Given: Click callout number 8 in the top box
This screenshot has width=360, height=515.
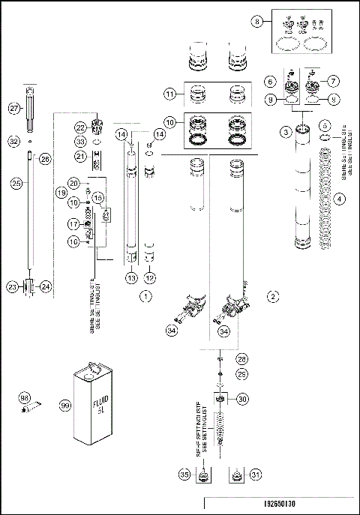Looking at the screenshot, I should coord(259,22).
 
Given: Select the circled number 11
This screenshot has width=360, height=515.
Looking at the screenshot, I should coord(170,94).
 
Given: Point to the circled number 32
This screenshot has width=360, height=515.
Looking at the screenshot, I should coord(14,140).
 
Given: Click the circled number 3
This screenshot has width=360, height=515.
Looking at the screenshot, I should coord(286,132).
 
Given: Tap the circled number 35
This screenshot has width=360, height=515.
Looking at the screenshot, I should coord(184,475).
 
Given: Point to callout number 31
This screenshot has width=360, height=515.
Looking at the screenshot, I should coord(256,475).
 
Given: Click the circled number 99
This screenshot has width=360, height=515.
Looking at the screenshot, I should coord(64,406).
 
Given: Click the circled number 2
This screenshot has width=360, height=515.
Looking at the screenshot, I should coord(274,297).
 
